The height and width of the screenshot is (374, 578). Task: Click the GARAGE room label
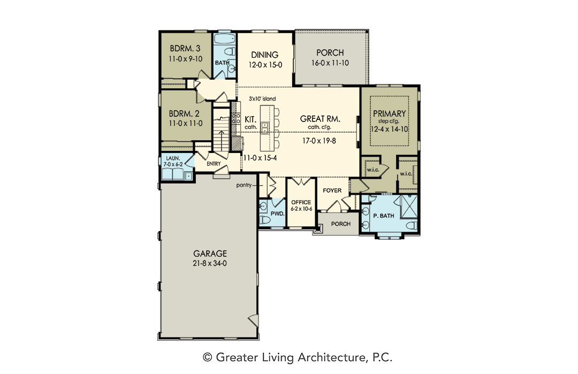(210, 254)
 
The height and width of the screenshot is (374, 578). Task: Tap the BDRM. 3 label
(185, 48)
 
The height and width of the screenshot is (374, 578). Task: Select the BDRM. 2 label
(184, 114)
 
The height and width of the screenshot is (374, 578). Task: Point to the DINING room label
(265, 55)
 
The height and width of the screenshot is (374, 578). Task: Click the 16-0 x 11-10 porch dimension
(330, 63)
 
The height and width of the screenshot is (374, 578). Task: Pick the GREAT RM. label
(320, 119)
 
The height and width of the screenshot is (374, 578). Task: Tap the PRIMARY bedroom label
(389, 113)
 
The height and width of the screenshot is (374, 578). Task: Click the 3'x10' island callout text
(262, 99)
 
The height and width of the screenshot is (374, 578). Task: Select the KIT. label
(250, 119)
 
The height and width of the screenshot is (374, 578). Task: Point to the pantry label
(244, 185)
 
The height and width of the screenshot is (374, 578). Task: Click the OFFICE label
(301, 202)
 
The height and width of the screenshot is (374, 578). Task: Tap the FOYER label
(332, 190)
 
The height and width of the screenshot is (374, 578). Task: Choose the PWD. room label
(277, 213)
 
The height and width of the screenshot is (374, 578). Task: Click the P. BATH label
(384, 216)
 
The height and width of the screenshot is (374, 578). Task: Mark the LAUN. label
(173, 158)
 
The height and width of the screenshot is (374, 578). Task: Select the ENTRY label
(214, 164)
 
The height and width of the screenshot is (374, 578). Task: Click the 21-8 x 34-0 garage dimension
(209, 263)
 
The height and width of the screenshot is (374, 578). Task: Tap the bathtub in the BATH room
(224, 39)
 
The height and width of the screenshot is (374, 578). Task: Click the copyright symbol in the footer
(208, 357)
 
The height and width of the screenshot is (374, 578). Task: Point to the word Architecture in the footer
(330, 357)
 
